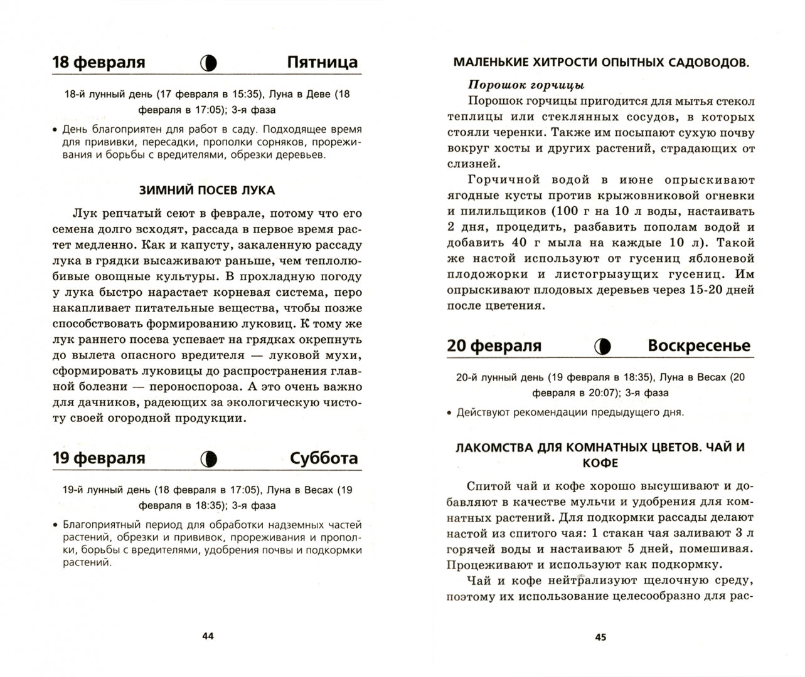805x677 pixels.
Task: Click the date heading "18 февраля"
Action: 99,63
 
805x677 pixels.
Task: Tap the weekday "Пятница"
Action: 322,63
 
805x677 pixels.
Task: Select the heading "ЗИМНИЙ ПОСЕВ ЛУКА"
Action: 206,190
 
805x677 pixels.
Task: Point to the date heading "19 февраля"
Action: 99,458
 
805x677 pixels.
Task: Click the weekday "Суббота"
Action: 324,458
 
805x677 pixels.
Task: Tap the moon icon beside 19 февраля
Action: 209,459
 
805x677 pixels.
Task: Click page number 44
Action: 208,636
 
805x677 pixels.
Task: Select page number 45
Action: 600,637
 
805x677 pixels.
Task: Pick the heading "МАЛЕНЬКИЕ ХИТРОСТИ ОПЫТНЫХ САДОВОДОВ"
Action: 601,63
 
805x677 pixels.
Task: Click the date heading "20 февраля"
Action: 494,346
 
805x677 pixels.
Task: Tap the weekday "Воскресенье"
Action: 698,346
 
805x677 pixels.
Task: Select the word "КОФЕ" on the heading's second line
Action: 600,463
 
